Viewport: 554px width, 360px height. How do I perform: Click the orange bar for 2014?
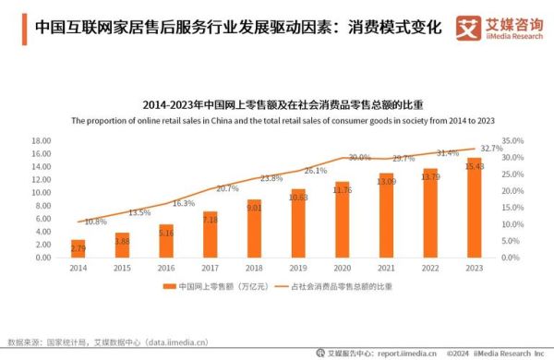[x=78, y=247]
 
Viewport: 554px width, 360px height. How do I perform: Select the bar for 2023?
[x=474, y=207]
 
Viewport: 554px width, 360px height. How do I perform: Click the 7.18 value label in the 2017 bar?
[x=210, y=219]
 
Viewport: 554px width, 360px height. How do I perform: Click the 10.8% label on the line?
[x=95, y=222]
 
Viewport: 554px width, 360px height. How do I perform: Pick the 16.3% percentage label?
[x=184, y=203]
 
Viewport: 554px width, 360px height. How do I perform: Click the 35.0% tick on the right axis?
[x=512, y=141]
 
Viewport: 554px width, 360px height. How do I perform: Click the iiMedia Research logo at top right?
[x=499, y=28]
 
